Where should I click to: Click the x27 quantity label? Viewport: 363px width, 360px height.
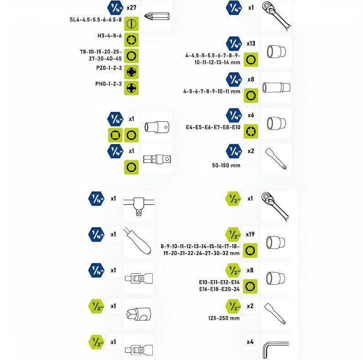[132, 8]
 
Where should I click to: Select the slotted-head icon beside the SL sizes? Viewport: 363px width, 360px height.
[131, 23]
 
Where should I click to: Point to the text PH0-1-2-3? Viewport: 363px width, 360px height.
[108, 84]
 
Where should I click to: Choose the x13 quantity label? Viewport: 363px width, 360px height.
[250, 44]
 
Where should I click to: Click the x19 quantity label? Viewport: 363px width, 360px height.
[250, 235]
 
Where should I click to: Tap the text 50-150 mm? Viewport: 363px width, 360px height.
[227, 165]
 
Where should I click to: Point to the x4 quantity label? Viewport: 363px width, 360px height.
[250, 341]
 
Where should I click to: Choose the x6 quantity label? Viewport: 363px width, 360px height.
[250, 115]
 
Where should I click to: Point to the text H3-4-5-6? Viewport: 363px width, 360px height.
[109, 36]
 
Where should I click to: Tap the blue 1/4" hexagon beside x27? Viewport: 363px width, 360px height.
[114, 8]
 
